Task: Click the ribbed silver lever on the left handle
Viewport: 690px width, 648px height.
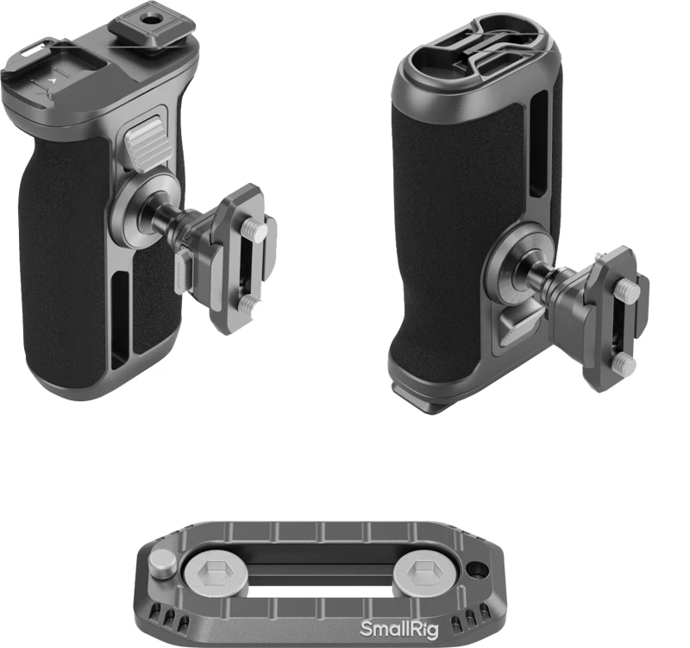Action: (142, 143)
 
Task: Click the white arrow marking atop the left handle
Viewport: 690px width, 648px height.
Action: (53, 81)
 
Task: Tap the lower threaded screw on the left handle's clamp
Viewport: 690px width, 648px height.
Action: (249, 304)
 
